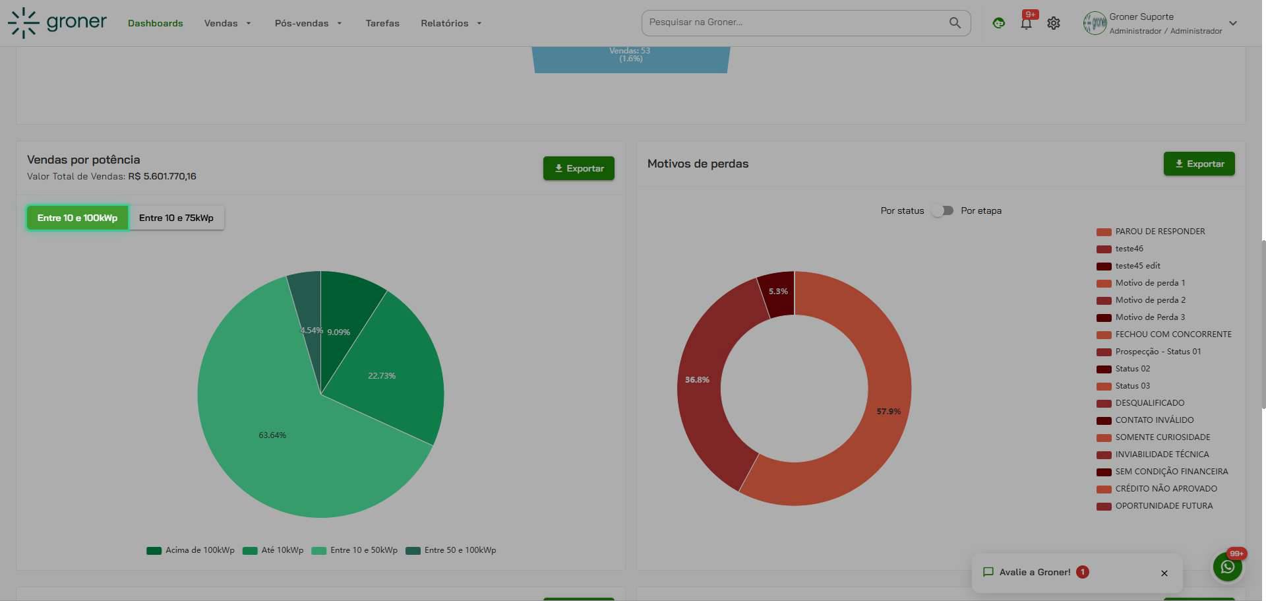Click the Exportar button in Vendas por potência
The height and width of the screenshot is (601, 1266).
pyautogui.click(x=578, y=168)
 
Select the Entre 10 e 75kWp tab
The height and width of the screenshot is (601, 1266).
pyautogui.click(x=176, y=218)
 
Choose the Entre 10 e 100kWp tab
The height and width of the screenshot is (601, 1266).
pyautogui.click(x=77, y=218)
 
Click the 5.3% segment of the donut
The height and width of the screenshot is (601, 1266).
pyautogui.click(x=778, y=292)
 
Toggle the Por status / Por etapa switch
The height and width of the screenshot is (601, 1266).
pyautogui.click(x=943, y=210)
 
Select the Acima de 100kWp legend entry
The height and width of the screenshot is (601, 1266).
pyautogui.click(x=191, y=550)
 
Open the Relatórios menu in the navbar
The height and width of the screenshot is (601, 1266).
pyautogui.click(x=452, y=23)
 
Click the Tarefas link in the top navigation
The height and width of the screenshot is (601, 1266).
pyautogui.click(x=382, y=23)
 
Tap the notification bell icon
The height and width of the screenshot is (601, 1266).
pyautogui.click(x=1026, y=23)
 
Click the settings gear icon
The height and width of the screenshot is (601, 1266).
pyautogui.click(x=1054, y=23)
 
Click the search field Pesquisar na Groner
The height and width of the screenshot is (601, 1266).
pyautogui.click(x=798, y=22)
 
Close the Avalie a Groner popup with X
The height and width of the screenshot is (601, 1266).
pyautogui.click(x=1164, y=573)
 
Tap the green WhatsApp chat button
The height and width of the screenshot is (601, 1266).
pyautogui.click(x=1228, y=567)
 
